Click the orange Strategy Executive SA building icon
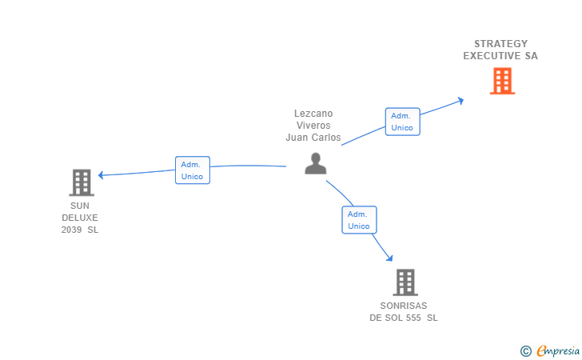(502, 81)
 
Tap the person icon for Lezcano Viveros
(316, 163)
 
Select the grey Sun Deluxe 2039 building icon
(82, 182)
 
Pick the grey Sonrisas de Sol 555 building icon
(405, 282)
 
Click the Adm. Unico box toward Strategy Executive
(402, 122)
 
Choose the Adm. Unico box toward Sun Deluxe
(192, 170)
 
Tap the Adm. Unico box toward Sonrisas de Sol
(359, 220)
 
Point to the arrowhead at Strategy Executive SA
(460, 100)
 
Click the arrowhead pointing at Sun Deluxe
(102, 174)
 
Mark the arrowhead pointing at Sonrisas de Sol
(389, 258)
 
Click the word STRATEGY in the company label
(500, 44)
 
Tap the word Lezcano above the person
(313, 114)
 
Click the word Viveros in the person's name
(313, 126)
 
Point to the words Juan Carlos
(313, 138)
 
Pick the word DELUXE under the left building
(80, 218)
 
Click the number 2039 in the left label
(72, 230)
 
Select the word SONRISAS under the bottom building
(404, 306)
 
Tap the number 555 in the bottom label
(413, 318)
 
